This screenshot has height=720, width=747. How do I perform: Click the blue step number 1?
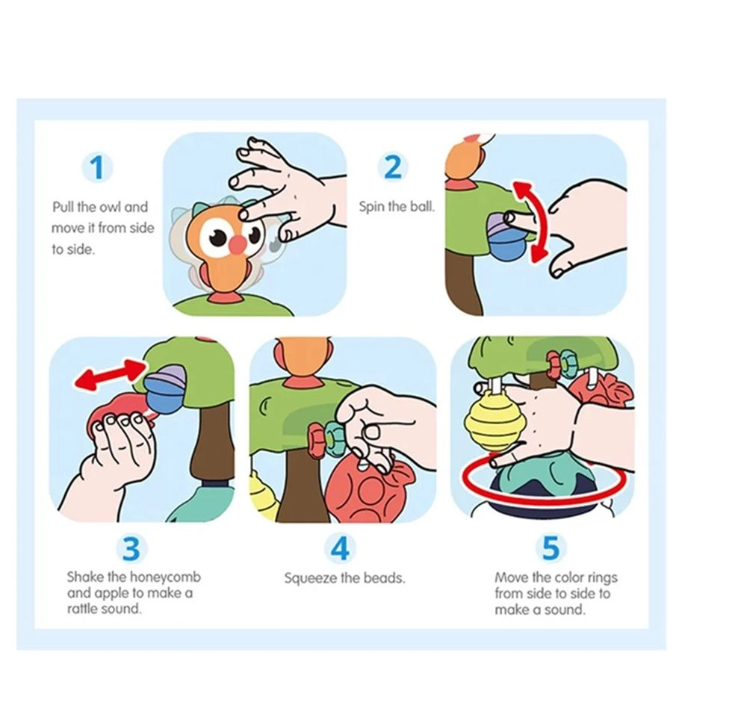(x=99, y=167)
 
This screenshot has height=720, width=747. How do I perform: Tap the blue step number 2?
(x=393, y=167)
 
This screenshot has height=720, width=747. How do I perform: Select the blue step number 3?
(x=131, y=548)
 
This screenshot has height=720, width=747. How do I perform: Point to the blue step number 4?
(x=340, y=547)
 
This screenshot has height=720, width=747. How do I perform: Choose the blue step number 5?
(x=551, y=547)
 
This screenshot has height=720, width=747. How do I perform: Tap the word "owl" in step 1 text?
(x=110, y=207)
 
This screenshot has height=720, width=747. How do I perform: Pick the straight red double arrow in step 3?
(x=110, y=375)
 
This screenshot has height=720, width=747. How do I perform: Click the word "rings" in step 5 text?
(x=603, y=578)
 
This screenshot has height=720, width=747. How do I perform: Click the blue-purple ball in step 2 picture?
(x=506, y=238)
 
